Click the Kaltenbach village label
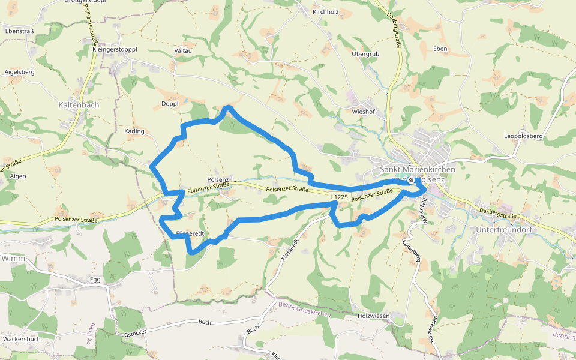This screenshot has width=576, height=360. [79, 104]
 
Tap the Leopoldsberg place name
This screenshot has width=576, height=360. [523, 136]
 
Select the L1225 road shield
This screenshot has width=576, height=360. [338, 197]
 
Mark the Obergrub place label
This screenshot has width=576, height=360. [365, 54]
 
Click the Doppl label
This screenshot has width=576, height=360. [170, 104]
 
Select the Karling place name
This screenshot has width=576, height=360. [134, 131]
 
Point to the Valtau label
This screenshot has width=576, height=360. [182, 50]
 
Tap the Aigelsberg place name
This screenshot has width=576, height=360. [19, 72]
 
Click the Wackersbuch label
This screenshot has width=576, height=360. [22, 339]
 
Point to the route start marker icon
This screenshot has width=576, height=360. [411, 180]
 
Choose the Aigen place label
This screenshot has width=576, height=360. [18, 176]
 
